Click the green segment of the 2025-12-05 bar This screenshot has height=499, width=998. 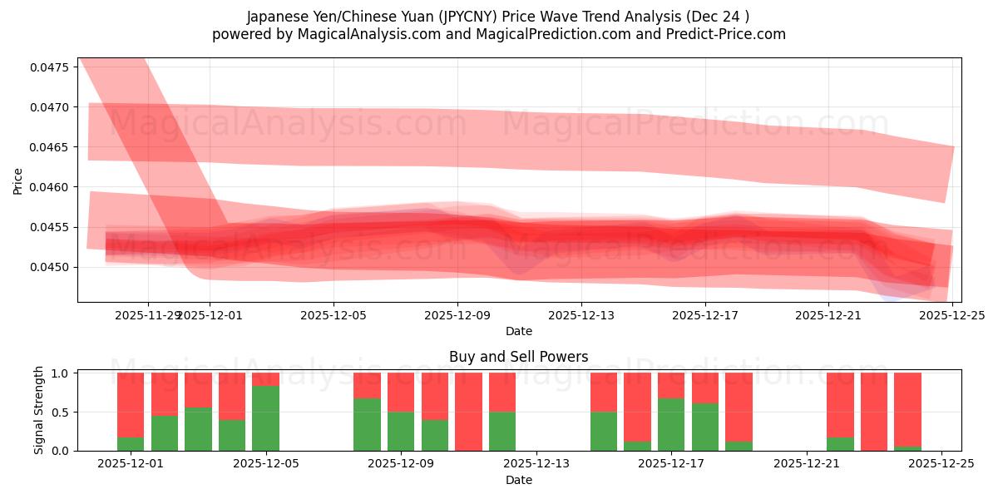(265, 417)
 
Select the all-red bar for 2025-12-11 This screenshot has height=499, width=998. (468, 411)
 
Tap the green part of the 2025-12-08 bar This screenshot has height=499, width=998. (367, 424)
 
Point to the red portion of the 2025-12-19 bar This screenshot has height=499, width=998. (739, 406)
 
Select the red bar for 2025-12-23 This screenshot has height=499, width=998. (874, 411)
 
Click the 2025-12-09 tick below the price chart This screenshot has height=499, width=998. (457, 315)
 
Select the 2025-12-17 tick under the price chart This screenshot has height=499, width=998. (705, 315)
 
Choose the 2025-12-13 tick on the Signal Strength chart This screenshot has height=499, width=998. (536, 464)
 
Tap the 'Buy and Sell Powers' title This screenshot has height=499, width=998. (519, 357)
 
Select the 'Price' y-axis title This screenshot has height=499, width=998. (18, 180)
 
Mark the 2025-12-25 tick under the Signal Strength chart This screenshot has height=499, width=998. (941, 464)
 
